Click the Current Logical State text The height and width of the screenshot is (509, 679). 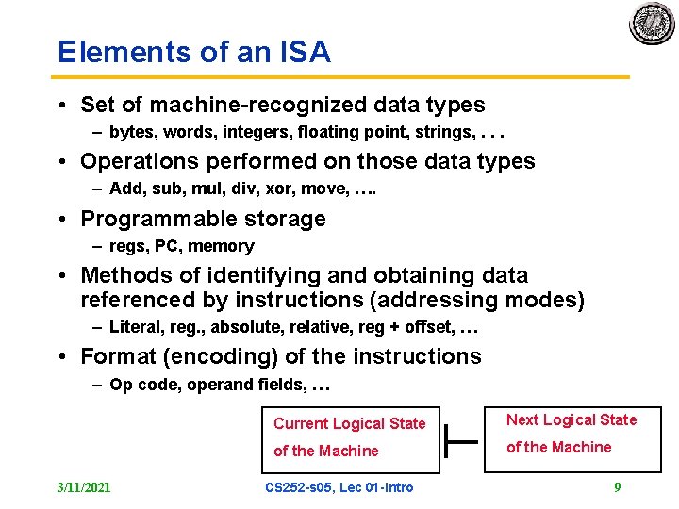(x=350, y=424)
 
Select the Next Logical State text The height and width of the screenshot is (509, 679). (x=571, y=420)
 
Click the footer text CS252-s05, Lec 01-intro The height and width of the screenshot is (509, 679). (x=339, y=487)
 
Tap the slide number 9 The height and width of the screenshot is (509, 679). (x=617, y=487)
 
